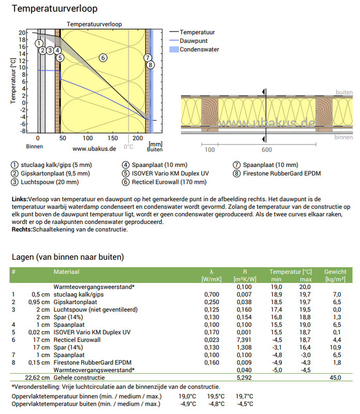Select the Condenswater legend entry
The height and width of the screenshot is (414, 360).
199,50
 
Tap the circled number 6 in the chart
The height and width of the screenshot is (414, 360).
103,57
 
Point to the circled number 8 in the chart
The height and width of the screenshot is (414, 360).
150,65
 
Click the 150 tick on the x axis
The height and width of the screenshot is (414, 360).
112,139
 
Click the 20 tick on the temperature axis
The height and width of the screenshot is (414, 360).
22,32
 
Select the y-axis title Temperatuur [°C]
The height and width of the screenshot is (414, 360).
13,80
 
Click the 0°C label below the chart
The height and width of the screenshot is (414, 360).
128,147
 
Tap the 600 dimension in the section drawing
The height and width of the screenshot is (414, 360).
266,150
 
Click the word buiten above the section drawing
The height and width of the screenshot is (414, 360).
344,92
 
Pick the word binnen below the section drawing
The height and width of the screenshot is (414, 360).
343,137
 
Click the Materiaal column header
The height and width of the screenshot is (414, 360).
67,272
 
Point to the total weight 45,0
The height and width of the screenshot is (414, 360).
336,378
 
